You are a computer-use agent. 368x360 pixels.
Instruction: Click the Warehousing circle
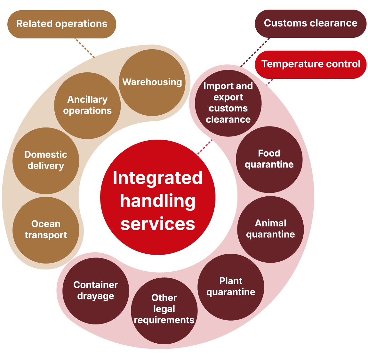click(152, 82)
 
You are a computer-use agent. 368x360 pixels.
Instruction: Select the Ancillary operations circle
click(87, 105)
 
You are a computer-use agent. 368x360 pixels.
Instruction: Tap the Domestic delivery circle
click(46, 160)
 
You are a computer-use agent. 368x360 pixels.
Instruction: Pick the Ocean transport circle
click(46, 230)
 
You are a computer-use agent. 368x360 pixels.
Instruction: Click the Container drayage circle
click(96, 290)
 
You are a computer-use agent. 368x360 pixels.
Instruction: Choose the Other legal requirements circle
click(164, 309)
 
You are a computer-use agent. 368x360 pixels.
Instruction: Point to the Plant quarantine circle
click(231, 287)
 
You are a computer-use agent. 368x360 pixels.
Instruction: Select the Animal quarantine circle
click(270, 229)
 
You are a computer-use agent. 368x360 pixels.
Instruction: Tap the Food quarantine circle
click(269, 159)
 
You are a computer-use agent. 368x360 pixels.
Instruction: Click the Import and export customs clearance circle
click(228, 103)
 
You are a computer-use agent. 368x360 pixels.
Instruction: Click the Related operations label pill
click(62, 24)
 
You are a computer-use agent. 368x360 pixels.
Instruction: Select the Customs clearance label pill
click(310, 23)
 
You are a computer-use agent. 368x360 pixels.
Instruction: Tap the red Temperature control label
click(310, 64)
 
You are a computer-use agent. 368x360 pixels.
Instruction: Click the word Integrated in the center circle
click(158, 178)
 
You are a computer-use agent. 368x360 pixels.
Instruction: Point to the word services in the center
click(158, 224)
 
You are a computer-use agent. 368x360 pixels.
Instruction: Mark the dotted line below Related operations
click(85, 48)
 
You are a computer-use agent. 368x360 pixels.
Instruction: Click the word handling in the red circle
click(158, 201)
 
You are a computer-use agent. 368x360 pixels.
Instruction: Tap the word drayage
click(96, 296)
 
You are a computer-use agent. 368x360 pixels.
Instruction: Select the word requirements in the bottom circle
click(164, 320)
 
